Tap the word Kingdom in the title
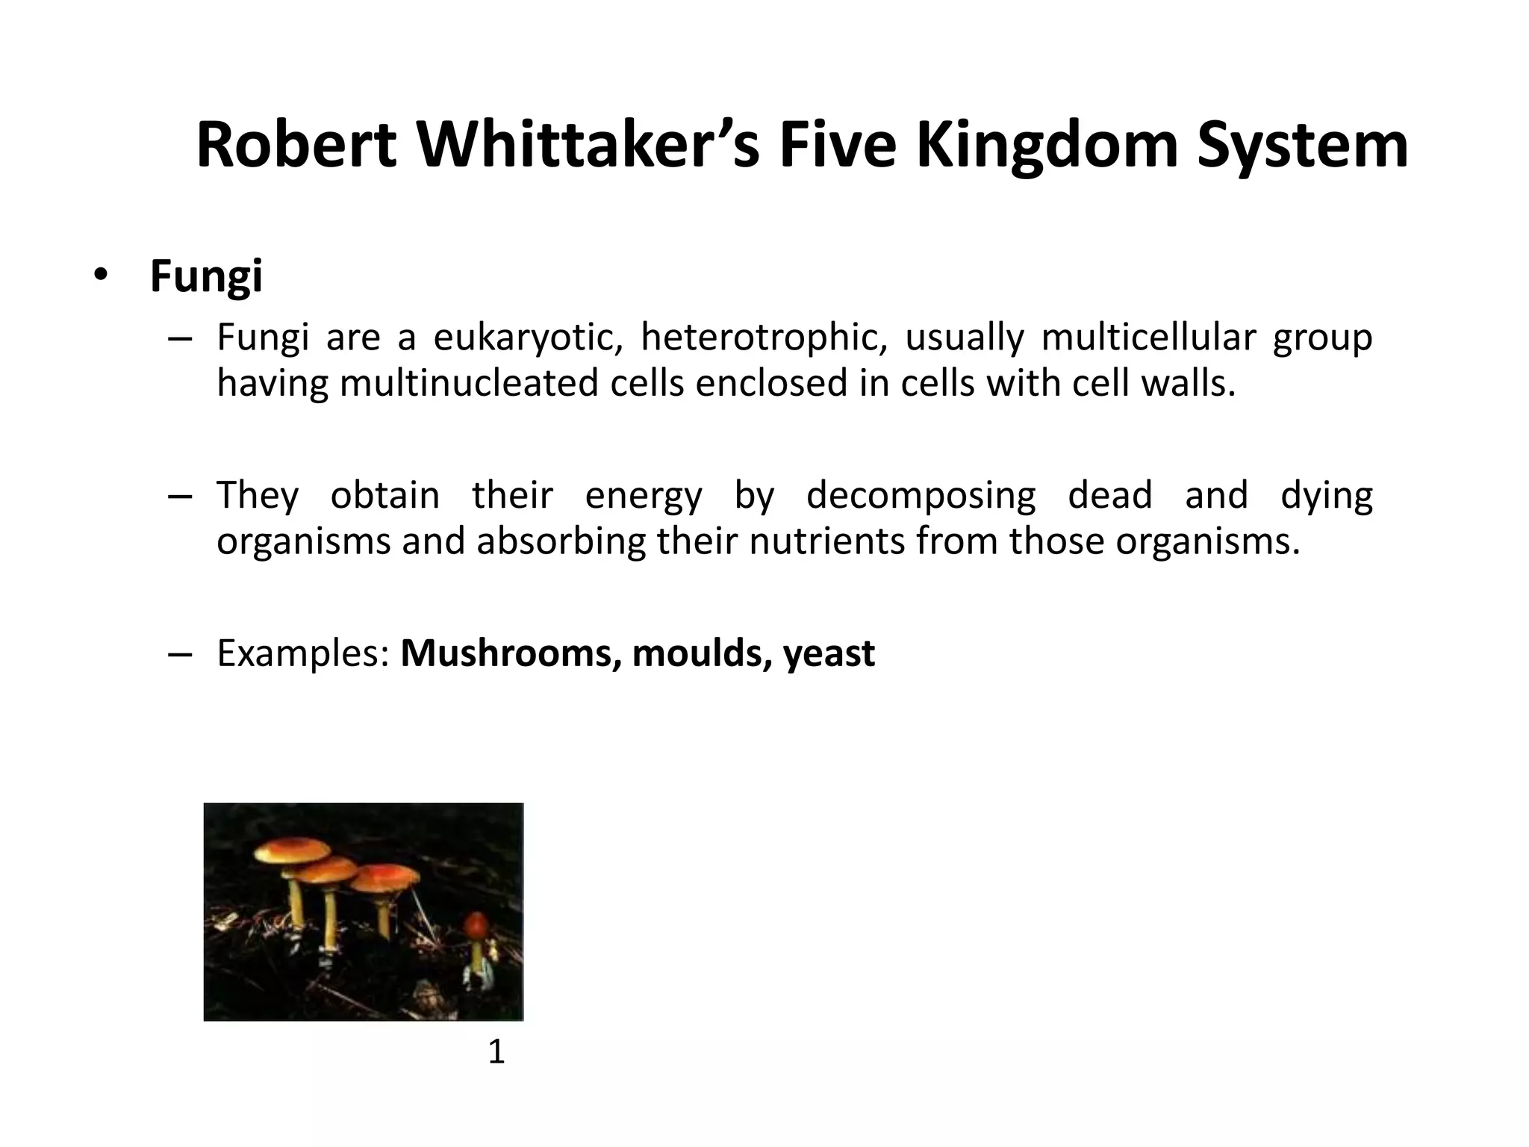point(1047,146)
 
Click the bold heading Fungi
point(206,276)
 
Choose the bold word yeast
point(829,653)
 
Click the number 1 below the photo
point(496,1052)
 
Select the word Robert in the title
point(296,146)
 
